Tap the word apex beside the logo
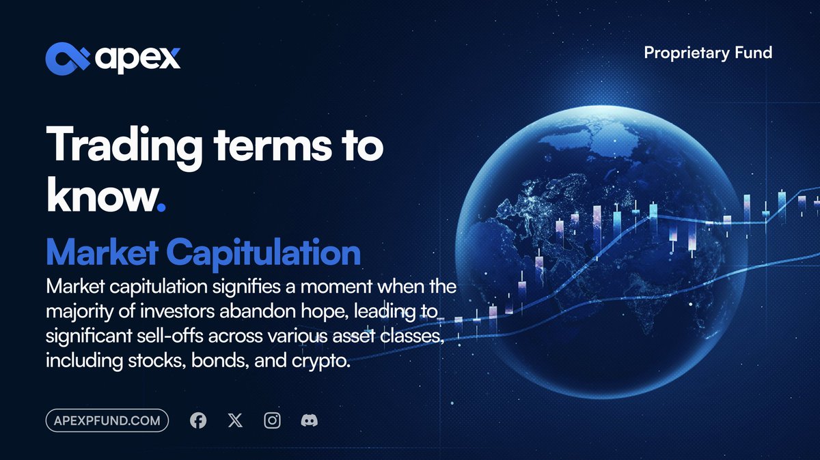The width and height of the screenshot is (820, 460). [x=137, y=59]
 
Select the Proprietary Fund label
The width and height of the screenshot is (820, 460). [x=708, y=53]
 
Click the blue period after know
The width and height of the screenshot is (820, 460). [x=161, y=207]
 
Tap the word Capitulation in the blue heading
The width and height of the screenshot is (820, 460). [x=263, y=253]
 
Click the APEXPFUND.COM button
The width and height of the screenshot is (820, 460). [x=107, y=420]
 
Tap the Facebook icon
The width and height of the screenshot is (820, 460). [x=198, y=420]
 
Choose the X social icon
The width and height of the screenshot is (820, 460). [x=235, y=420]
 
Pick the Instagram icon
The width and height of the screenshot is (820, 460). [x=273, y=420]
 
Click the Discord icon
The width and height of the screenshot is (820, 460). [x=310, y=420]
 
